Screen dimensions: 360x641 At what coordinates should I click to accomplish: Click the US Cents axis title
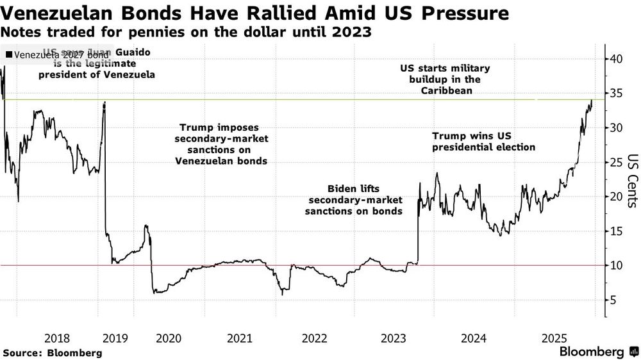coord(631,181)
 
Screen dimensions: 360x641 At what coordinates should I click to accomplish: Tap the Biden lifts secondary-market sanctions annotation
coord(354,199)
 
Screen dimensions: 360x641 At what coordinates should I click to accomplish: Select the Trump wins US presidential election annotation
coord(483,142)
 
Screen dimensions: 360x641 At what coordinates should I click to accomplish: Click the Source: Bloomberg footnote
coord(53,352)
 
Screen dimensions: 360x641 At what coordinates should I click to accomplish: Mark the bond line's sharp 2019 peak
coord(104,102)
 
